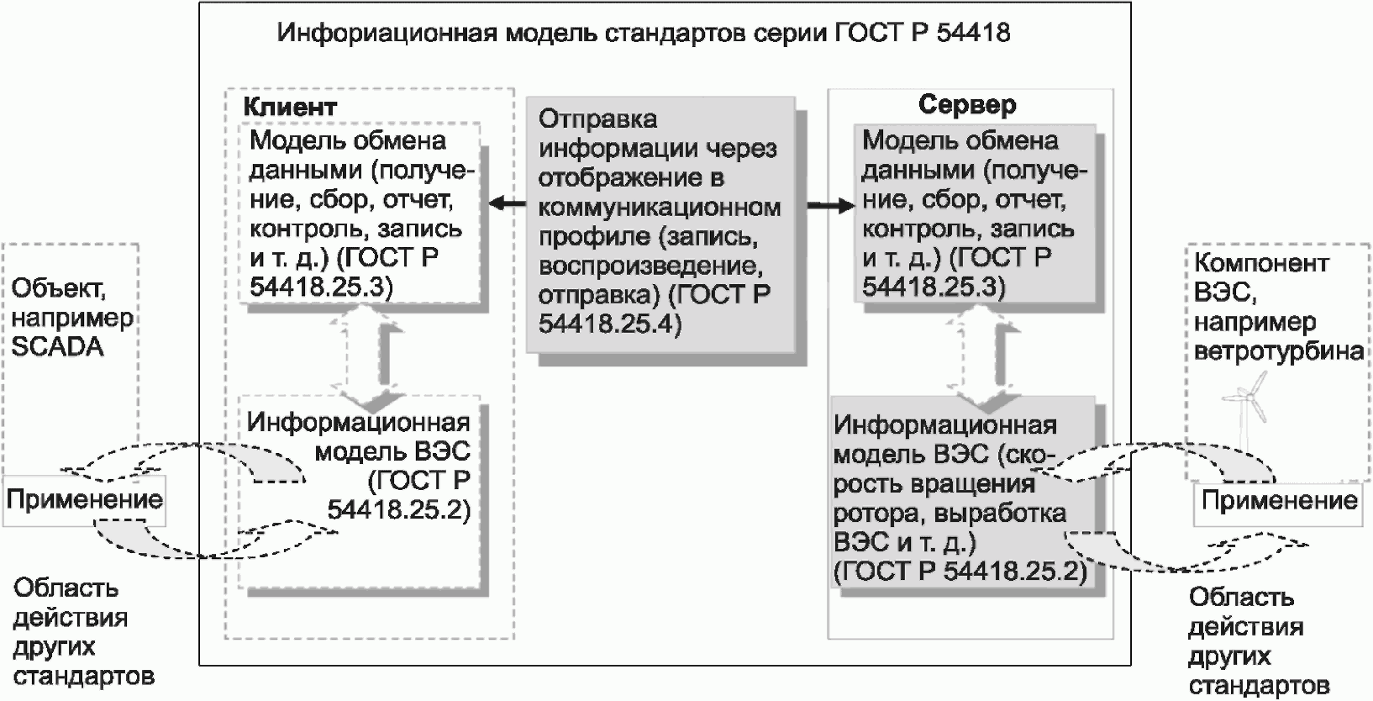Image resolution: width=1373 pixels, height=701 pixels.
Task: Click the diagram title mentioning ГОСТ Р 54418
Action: pyautogui.click(x=644, y=33)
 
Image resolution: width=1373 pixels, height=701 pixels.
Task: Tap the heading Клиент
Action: pyautogui.click(x=290, y=107)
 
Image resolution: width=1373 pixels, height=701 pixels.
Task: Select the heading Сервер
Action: pyautogui.click(x=967, y=105)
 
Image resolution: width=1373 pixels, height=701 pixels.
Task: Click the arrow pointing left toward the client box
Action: pyautogui.click(x=507, y=203)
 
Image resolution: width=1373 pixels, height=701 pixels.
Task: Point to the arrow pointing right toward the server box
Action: pyautogui.click(x=830, y=205)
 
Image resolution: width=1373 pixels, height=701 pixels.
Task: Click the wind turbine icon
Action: pyautogui.click(x=1244, y=411)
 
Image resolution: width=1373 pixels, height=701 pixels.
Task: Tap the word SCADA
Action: pyautogui.click(x=58, y=347)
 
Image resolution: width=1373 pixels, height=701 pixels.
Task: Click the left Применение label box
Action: pyautogui.click(x=84, y=500)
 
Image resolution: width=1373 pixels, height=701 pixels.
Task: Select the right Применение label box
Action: pyautogui.click(x=1279, y=502)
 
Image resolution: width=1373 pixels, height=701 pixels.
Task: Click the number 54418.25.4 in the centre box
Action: pyautogui.click(x=610, y=324)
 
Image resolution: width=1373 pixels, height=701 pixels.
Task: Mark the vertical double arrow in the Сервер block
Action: pyautogui.click(x=983, y=357)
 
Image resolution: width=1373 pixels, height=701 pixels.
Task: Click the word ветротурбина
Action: pyautogui.click(x=1279, y=351)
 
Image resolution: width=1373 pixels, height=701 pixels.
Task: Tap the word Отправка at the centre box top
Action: pyautogui.click(x=597, y=119)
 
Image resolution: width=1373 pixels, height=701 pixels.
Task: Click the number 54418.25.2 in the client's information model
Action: pyautogui.click(x=399, y=509)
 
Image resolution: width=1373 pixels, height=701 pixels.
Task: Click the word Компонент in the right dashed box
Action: pyautogui.click(x=1261, y=262)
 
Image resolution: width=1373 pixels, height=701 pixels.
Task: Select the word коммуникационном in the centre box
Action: pyautogui.click(x=660, y=208)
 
